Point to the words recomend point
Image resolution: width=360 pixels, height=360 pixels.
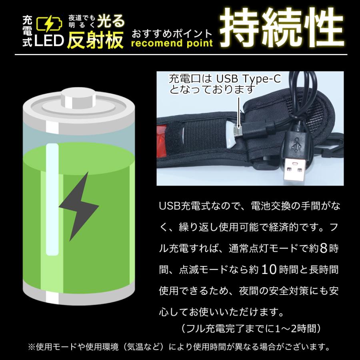(x=172, y=43)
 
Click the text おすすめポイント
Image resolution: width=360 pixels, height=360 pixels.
(x=172, y=32)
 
